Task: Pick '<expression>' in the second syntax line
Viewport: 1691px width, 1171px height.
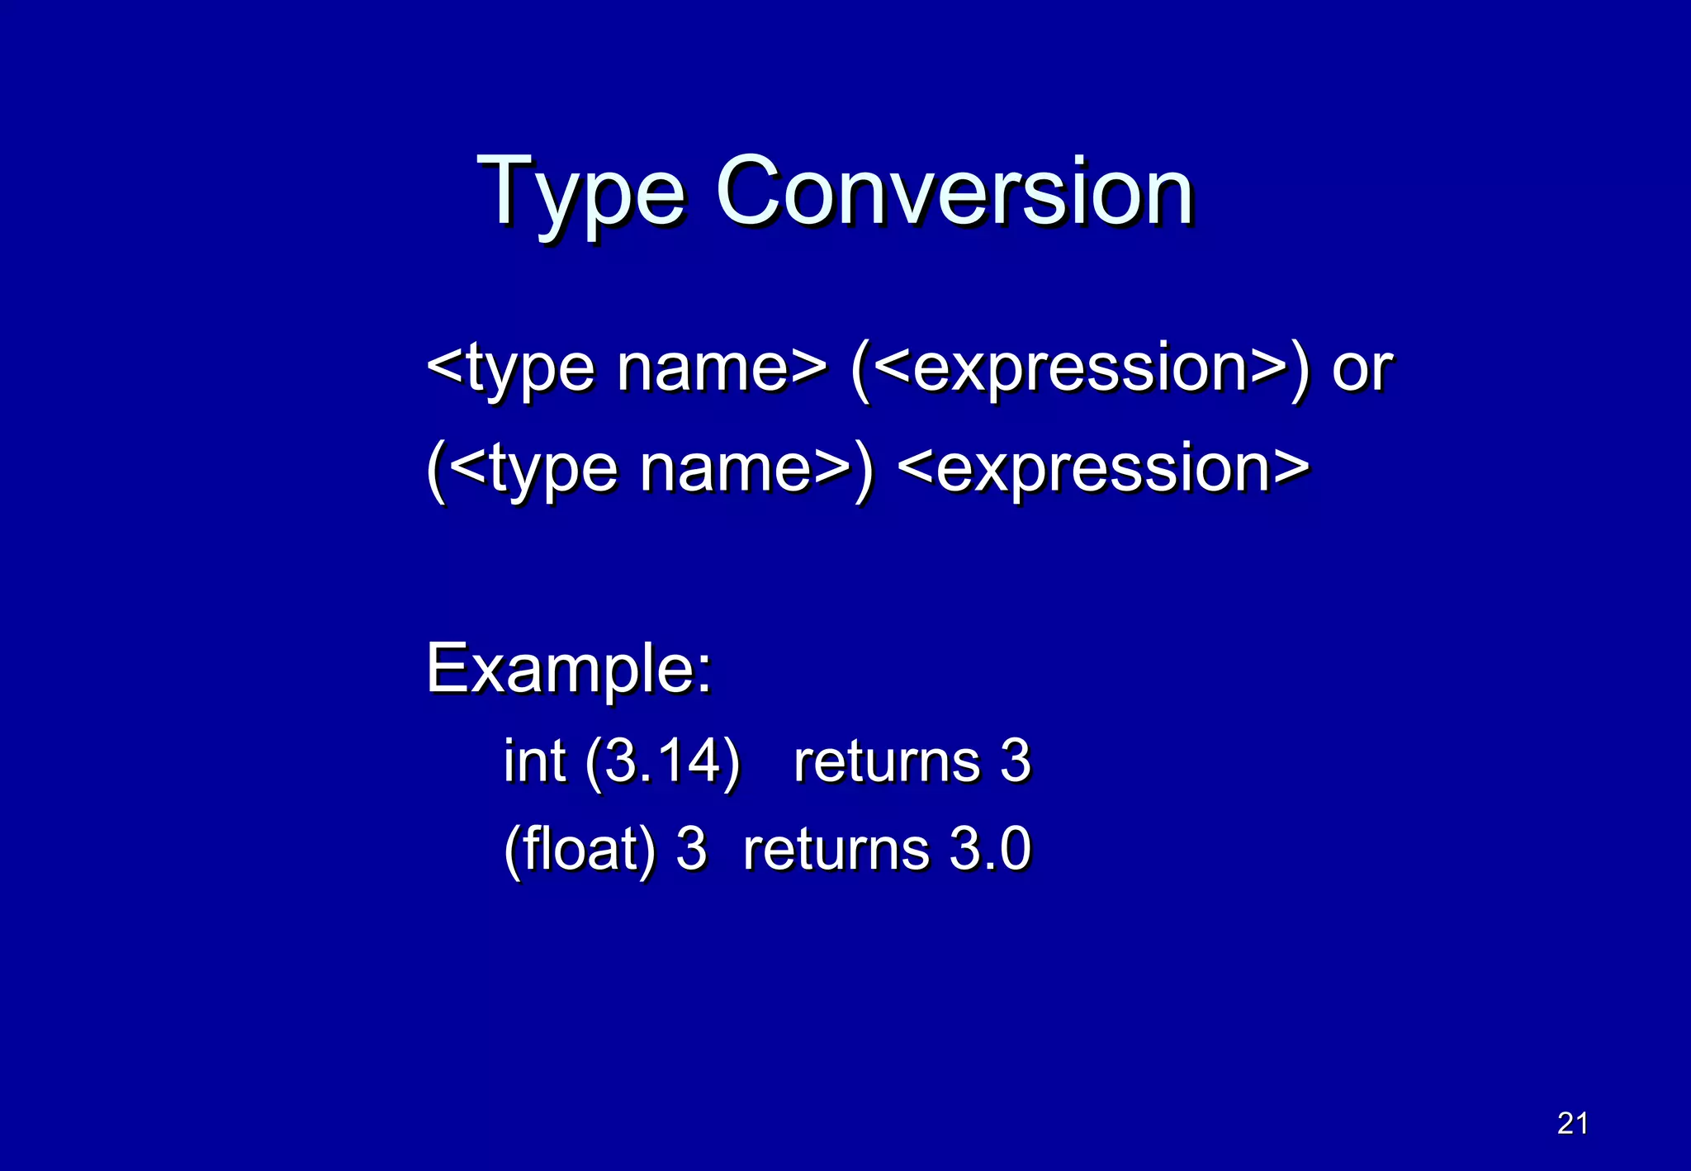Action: coord(1103,468)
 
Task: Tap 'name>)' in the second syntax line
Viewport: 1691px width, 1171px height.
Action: coord(756,468)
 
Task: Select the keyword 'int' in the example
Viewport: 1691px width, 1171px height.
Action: coord(534,761)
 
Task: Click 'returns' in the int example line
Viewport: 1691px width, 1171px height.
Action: coord(887,762)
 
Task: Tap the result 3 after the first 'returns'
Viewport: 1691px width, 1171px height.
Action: coord(1016,761)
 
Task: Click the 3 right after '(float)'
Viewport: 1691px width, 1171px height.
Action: coord(692,849)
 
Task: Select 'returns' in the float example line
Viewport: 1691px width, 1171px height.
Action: coord(836,850)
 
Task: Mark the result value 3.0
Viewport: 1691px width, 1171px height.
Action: coord(990,849)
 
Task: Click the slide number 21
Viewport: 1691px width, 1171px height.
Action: coord(1572,1123)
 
